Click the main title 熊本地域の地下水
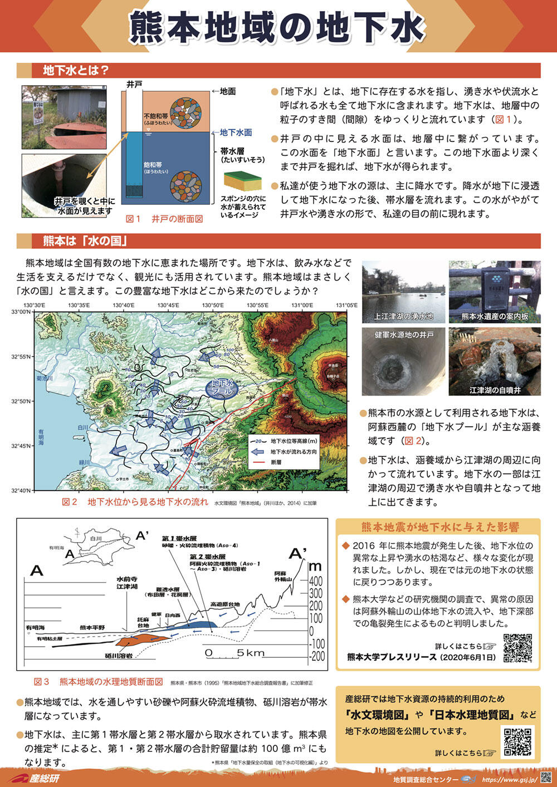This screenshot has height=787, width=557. (278, 27)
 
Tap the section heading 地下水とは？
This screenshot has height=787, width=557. (76, 70)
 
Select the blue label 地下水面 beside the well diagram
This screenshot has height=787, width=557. (236, 132)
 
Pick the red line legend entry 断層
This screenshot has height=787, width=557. (276, 462)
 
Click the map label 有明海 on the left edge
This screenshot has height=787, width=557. (41, 435)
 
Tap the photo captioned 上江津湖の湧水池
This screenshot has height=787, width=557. (403, 292)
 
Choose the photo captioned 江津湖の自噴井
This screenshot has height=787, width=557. (495, 361)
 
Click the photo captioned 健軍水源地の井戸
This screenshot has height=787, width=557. (403, 361)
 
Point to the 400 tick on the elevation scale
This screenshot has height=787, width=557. (315, 581)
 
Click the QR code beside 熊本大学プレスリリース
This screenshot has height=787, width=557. (517, 648)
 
